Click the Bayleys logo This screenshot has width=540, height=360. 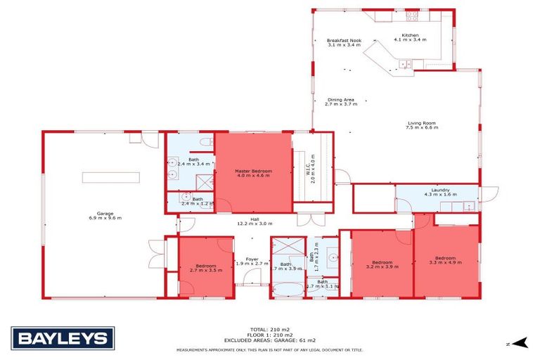coord(62,339)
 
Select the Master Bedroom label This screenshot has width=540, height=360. coord(253,171)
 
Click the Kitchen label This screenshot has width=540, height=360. coord(411,35)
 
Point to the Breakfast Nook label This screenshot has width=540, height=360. coord(343,41)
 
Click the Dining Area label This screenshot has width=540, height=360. coord(340,100)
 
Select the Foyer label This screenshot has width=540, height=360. coord(251,259)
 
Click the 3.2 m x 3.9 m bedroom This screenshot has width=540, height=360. coord(382,264)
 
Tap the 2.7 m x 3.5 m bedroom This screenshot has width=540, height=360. coord(205,267)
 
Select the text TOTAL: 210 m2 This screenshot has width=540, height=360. coord(270,328)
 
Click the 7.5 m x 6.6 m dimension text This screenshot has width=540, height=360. coord(422,128)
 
